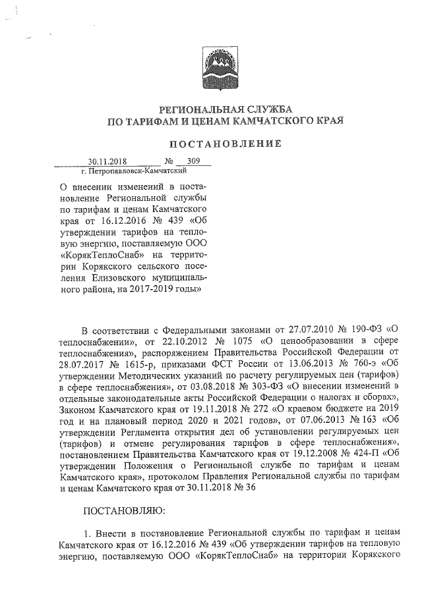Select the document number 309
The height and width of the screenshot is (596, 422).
pos(193,160)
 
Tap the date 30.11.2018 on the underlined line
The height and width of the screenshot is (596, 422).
pos(107,161)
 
